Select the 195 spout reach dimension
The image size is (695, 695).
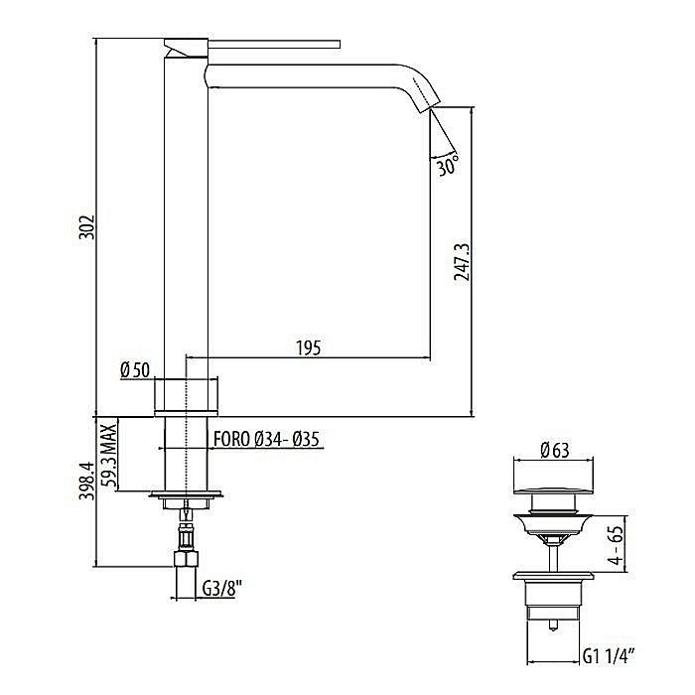point(307,347)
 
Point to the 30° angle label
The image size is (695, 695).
point(447,166)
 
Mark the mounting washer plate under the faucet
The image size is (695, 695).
point(186,495)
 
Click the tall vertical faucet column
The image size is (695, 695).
point(186,218)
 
